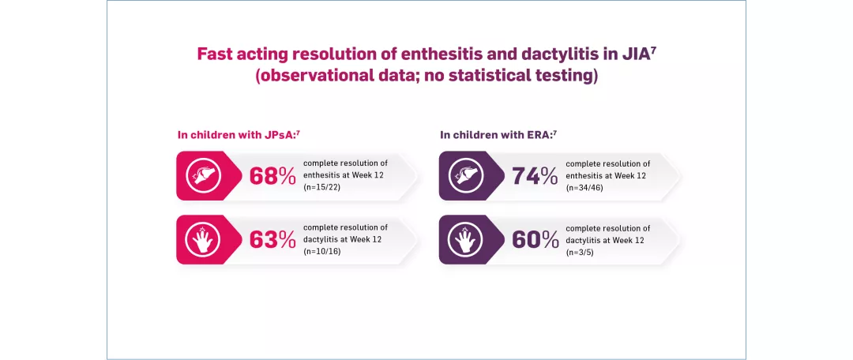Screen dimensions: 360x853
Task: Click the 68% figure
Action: pos(272,176)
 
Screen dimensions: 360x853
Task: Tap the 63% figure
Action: pos(272,239)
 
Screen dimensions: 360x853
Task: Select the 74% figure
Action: pos(535,176)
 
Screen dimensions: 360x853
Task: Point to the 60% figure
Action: pos(535,239)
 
